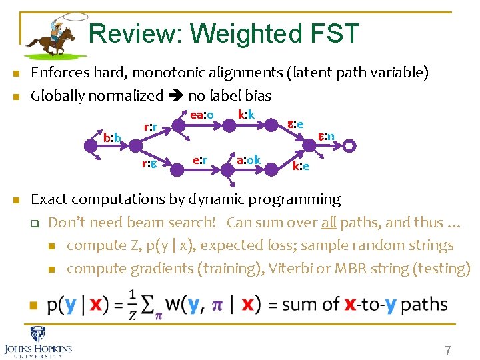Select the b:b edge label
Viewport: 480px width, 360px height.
[112, 138]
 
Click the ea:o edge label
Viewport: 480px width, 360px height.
[201, 115]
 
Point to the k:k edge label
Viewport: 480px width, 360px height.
[246, 114]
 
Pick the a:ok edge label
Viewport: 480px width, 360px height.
[248, 160]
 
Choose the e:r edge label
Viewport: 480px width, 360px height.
[200, 160]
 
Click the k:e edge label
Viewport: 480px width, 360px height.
[301, 165]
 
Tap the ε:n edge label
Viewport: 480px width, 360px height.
[325, 137]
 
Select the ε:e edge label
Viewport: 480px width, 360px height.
[295, 124]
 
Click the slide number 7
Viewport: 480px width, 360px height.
[448, 349]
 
